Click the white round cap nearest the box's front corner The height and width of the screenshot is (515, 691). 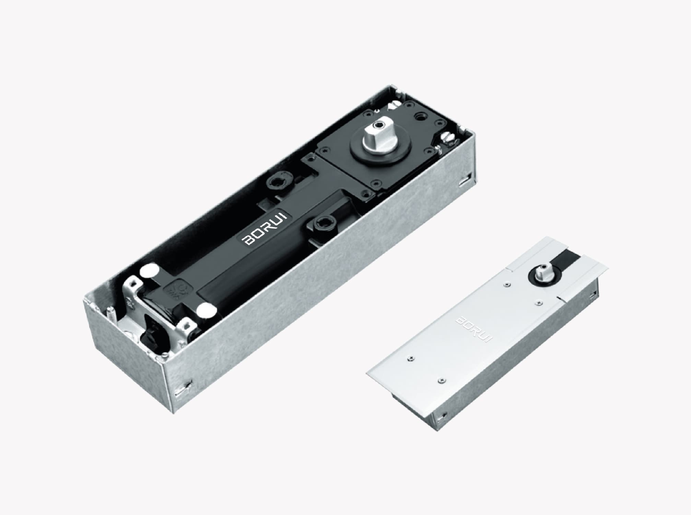click(148, 271)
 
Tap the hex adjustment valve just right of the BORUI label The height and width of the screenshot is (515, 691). click(323, 225)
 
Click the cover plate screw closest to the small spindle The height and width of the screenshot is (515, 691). click(506, 284)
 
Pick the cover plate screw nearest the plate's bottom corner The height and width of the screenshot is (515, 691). click(442, 380)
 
